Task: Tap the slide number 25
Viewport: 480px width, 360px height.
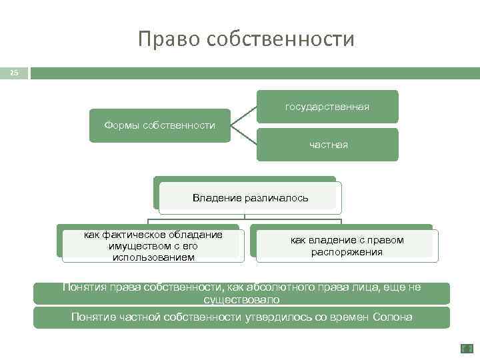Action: click(14, 72)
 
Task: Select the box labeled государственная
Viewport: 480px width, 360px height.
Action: click(327, 107)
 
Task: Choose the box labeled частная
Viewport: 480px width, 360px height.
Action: click(327, 145)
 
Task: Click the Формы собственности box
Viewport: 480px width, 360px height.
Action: click(160, 125)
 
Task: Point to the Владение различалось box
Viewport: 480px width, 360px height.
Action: click(250, 198)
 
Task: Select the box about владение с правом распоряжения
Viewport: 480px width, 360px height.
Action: click(347, 245)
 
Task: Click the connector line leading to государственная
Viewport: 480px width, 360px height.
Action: click(243, 115)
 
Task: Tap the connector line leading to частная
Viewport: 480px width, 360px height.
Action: click(243, 135)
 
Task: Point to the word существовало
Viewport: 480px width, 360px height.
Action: click(241, 300)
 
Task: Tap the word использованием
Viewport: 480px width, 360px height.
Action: click(153, 257)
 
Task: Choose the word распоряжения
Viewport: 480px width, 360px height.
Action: click(347, 252)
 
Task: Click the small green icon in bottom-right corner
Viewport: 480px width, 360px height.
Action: click(467, 348)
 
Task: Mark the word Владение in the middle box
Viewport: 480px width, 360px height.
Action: click(215, 198)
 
